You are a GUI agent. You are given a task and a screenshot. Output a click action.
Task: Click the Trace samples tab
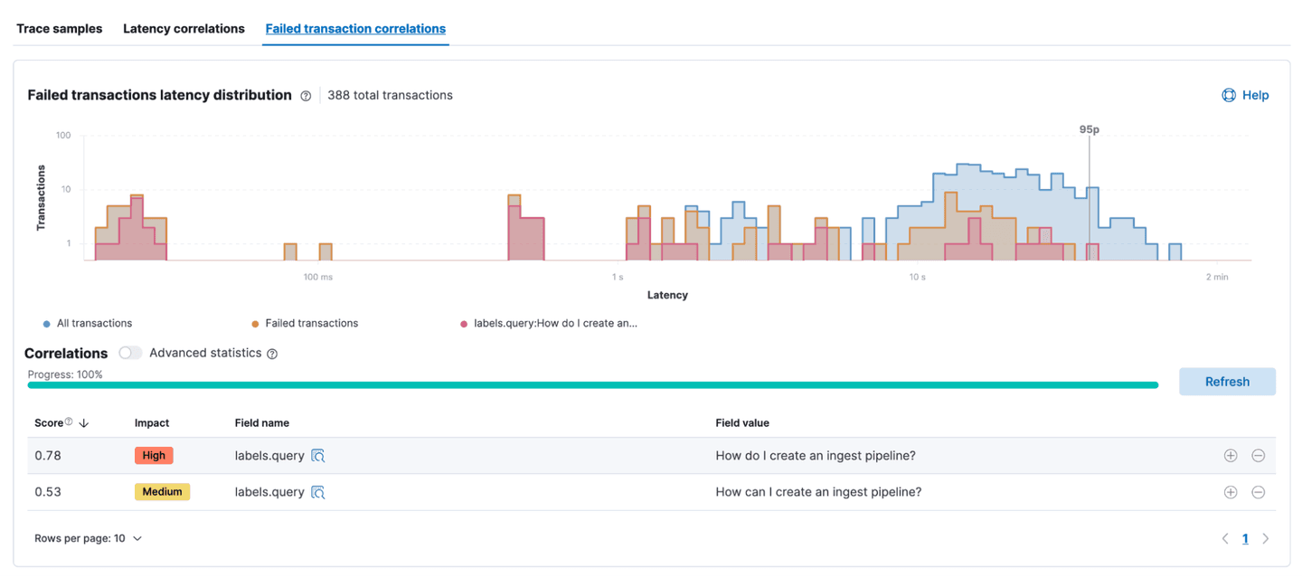pyautogui.click(x=60, y=29)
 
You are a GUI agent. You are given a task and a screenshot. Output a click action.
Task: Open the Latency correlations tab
pyautogui.click(x=184, y=29)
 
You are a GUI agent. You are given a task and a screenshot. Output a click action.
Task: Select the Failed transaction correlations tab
pyautogui.click(x=355, y=29)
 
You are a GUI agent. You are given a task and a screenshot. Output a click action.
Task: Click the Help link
pyautogui.click(x=1245, y=95)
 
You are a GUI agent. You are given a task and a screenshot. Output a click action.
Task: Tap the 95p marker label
pyautogui.click(x=1089, y=129)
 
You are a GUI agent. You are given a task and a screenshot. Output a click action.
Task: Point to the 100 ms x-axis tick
pyautogui.click(x=317, y=277)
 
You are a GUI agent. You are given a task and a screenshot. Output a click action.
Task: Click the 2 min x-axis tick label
pyautogui.click(x=1216, y=277)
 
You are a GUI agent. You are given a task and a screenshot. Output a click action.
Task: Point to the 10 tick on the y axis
pyautogui.click(x=64, y=190)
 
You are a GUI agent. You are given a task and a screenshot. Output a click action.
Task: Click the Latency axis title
pyautogui.click(x=667, y=295)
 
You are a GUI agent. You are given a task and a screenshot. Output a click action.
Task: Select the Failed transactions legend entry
pyautogui.click(x=311, y=323)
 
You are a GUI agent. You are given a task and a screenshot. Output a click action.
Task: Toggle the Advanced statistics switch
pyautogui.click(x=131, y=353)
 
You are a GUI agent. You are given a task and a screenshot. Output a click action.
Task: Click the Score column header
pyautogui.click(x=50, y=422)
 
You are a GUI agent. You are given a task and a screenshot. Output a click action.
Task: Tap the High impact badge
pyautogui.click(x=154, y=456)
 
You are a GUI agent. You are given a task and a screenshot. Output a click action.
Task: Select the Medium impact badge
pyautogui.click(x=162, y=492)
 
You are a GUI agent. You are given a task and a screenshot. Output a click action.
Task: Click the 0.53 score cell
pyautogui.click(x=47, y=492)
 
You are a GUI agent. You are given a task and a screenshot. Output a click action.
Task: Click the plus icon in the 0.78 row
pyautogui.click(x=1230, y=456)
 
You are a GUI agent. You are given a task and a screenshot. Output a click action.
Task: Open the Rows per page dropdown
pyautogui.click(x=89, y=538)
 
